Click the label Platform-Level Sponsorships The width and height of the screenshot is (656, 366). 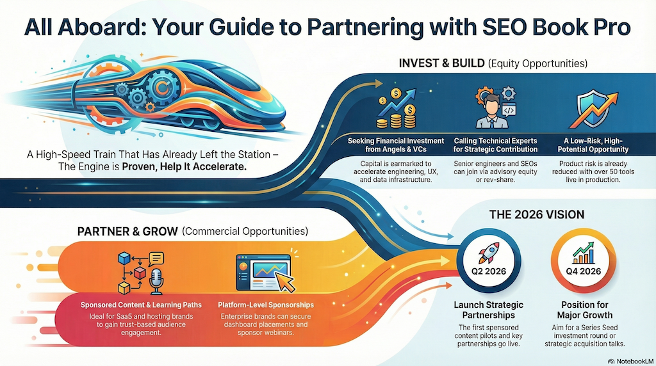coord(266,305)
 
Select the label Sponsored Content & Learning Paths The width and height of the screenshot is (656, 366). coord(141,305)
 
